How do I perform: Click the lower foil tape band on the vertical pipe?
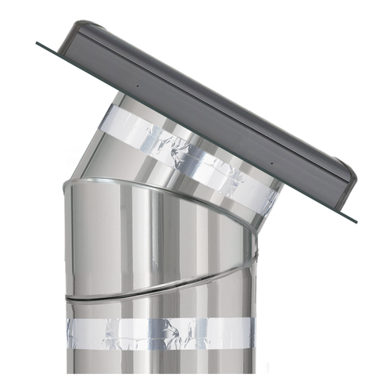[160, 333]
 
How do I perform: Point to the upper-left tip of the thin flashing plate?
[38, 43]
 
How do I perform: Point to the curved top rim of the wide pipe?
[156, 181]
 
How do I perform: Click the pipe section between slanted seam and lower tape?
[160, 309]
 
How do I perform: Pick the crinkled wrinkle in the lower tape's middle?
[176, 335]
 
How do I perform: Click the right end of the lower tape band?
[253, 335]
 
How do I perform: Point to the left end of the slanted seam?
[67, 298]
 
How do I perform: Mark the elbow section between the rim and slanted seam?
[156, 235]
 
